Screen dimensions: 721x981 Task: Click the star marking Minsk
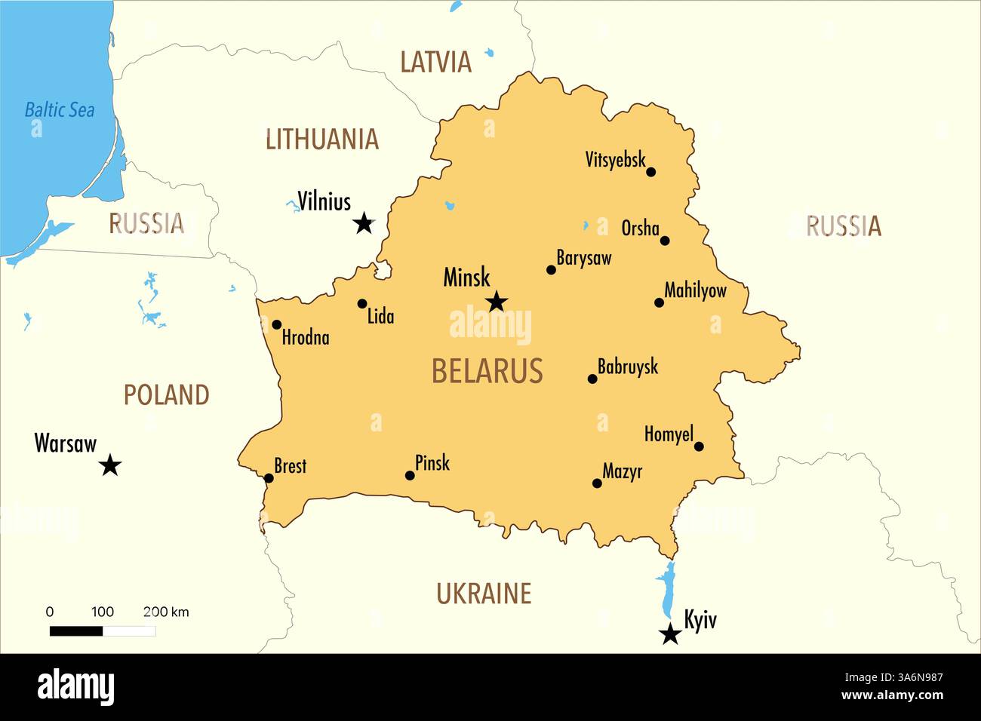(496, 302)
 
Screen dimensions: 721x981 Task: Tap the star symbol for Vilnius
(364, 223)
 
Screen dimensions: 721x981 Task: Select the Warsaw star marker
(110, 465)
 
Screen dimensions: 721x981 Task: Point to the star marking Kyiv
(670, 634)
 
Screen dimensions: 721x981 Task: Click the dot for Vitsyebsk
(651, 172)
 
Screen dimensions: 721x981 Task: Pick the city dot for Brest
(269, 478)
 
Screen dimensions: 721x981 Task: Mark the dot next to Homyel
(699, 446)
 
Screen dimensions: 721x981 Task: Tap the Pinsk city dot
(410, 476)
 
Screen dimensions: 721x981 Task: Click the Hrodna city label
(306, 338)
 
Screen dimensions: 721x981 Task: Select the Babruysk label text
(628, 367)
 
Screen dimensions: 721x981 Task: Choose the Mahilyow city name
(695, 290)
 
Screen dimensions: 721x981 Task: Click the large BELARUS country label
(487, 371)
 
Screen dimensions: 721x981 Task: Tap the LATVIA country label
(435, 62)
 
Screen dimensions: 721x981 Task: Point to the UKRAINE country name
(484, 594)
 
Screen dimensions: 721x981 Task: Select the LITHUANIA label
(322, 140)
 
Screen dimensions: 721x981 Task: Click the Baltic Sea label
(60, 110)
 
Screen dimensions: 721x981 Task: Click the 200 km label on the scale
(166, 612)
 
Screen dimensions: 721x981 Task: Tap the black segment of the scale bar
(76, 631)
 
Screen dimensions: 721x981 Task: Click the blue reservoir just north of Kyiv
(666, 589)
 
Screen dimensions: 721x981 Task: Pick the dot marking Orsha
(665, 241)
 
